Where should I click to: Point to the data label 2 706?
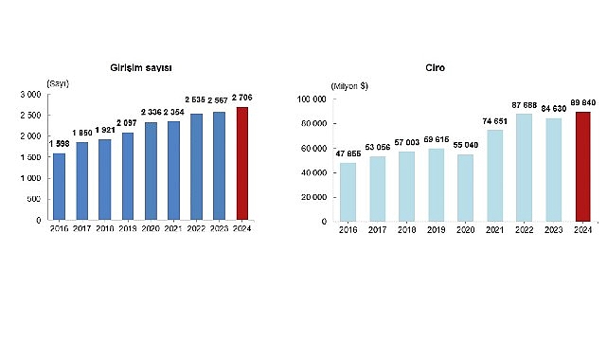[x=242, y=98]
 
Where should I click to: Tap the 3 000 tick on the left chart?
[x=32, y=95]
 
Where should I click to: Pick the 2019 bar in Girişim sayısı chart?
[x=128, y=176]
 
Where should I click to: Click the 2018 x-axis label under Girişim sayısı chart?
[x=105, y=227]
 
